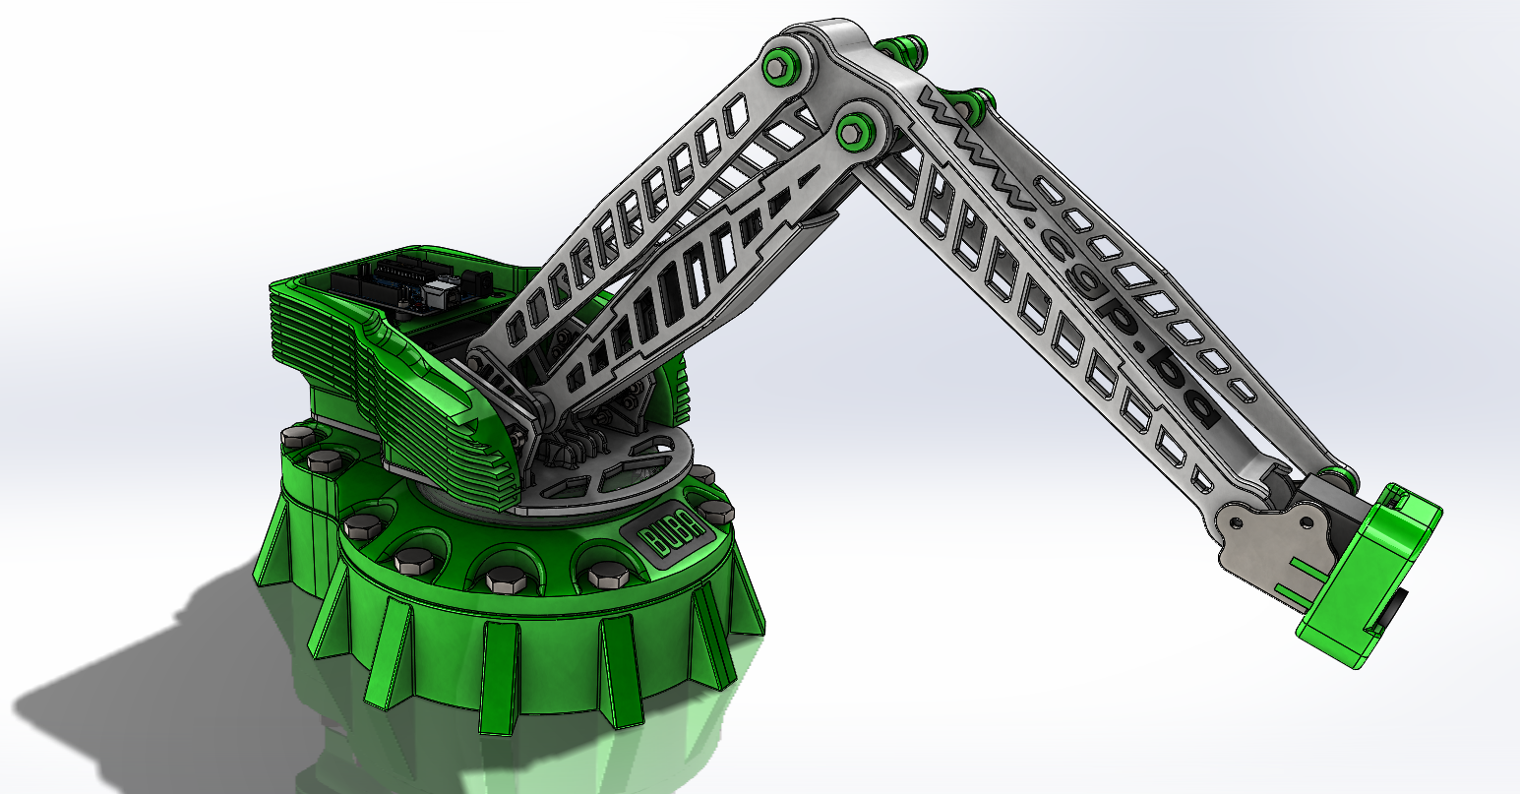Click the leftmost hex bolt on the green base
pyautogui.click(x=295, y=435)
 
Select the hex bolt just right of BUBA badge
pyautogui.click(x=715, y=512)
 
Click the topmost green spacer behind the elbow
pyautogui.click(x=900, y=46)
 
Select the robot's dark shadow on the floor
pyautogui.click(x=148, y=679)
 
